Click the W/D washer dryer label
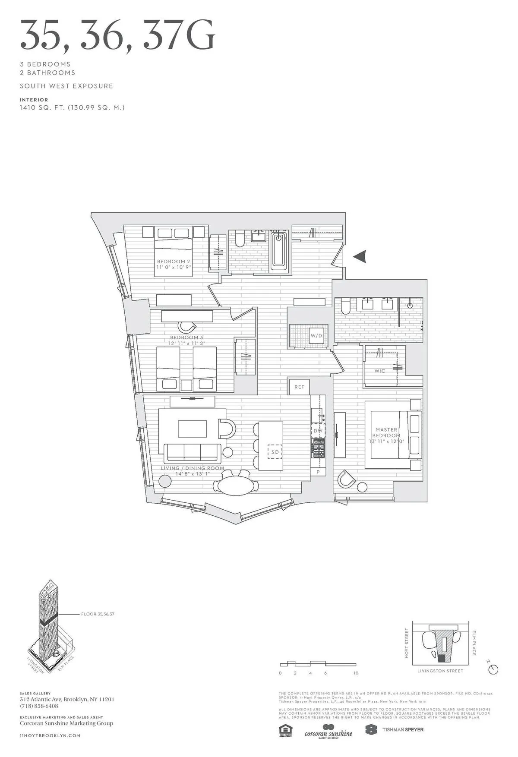tap(316, 335)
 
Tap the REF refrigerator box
tap(299, 387)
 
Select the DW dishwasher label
tap(318, 431)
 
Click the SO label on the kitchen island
tap(275, 452)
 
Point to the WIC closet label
tap(380, 371)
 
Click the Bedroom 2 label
tap(174, 262)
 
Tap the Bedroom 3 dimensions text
tap(187, 344)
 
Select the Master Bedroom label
tap(386, 432)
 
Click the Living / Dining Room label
tap(193, 468)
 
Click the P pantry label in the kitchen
tap(318, 472)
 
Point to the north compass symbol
tap(493, 669)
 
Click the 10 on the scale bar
tap(356, 673)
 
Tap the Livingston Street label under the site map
tap(440, 671)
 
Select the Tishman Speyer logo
tap(395, 729)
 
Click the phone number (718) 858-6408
tap(39, 706)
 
